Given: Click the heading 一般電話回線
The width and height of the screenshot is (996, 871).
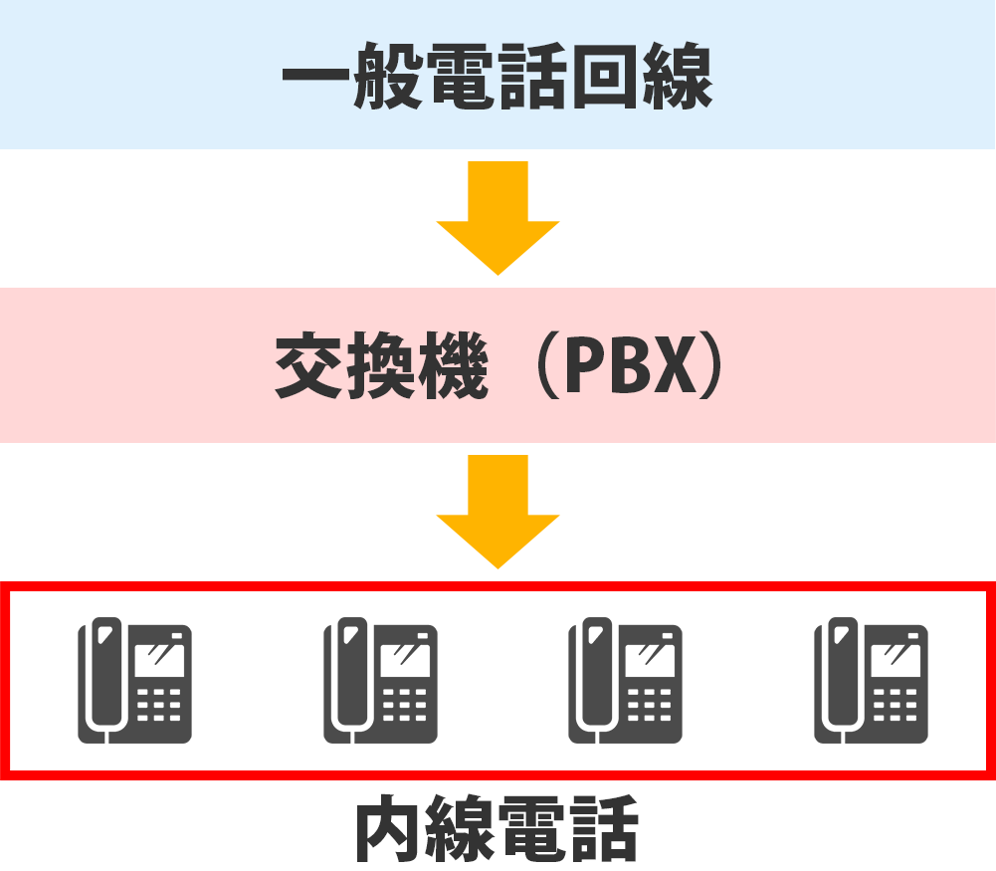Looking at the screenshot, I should coord(498,76).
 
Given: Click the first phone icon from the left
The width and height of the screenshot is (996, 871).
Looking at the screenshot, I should coord(135,681).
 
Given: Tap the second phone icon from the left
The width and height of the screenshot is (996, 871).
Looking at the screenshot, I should coord(381,681).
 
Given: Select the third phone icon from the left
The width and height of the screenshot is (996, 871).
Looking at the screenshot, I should coord(626,681).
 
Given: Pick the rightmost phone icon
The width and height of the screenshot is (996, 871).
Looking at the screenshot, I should coord(872,681).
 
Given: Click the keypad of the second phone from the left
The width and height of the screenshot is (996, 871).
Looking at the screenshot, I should coord(405,705).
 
